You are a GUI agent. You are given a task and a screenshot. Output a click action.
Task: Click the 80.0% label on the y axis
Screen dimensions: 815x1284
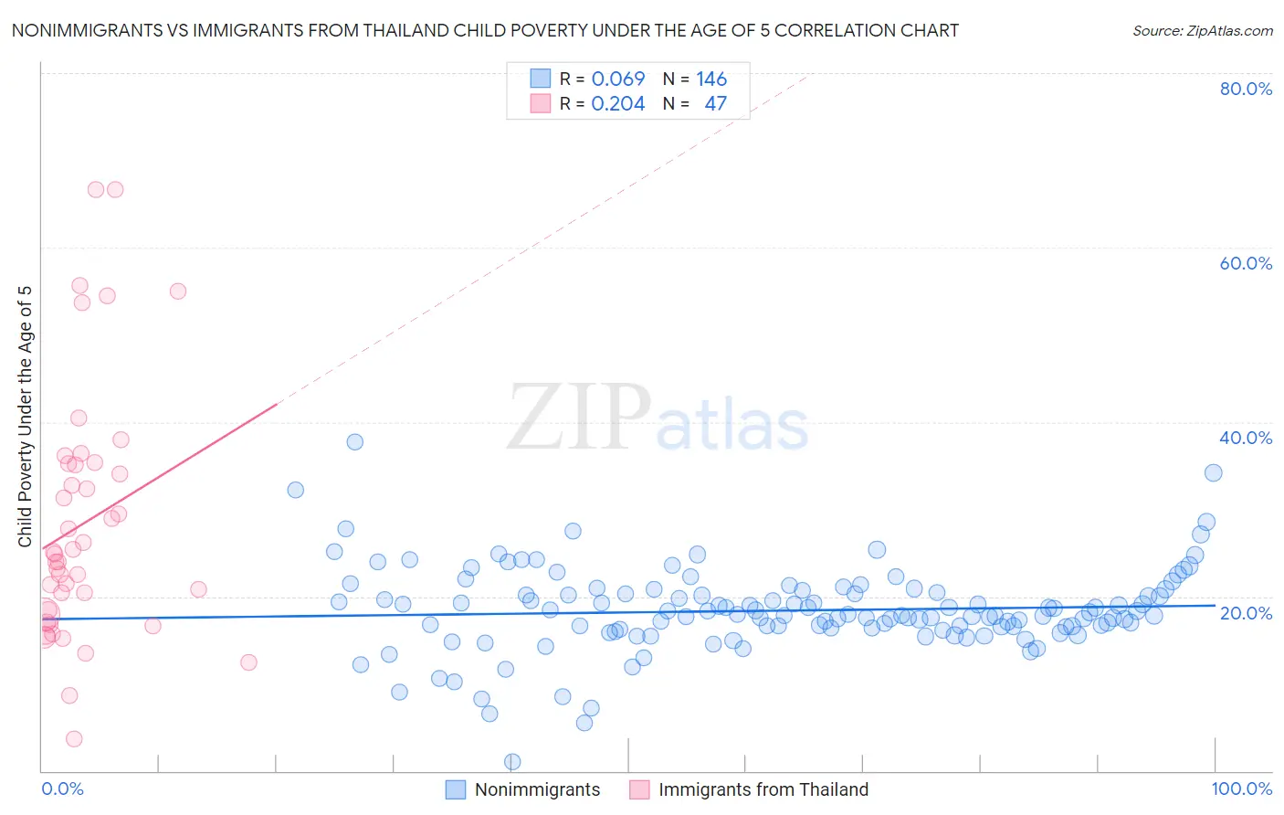point(1246,89)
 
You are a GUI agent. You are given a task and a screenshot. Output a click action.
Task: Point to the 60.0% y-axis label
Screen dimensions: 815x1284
point(1246,263)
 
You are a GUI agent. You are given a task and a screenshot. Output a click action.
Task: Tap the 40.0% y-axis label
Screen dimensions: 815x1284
point(1246,438)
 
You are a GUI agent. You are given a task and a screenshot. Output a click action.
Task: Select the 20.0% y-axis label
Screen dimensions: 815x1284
point(1246,612)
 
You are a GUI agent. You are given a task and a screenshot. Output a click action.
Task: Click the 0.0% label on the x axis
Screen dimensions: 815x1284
point(62,789)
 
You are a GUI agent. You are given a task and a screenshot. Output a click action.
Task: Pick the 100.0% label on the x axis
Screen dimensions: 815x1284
point(1241,789)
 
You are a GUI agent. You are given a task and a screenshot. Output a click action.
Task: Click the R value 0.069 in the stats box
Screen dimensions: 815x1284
point(618,79)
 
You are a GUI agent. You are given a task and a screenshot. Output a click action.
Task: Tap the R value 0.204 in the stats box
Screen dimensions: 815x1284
point(618,103)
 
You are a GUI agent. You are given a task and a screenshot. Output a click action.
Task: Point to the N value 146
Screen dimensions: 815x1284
point(711,79)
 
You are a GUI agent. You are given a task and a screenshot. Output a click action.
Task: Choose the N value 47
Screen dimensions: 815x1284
point(715,103)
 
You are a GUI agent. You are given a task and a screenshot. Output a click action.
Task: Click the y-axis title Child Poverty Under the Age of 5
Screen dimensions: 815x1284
point(26,417)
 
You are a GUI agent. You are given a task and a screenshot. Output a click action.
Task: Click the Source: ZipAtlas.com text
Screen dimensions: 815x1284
point(1202,30)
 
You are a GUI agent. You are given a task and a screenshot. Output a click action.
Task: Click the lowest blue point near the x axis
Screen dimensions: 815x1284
point(512,761)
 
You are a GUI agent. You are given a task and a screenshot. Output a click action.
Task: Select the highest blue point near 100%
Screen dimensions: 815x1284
point(1213,472)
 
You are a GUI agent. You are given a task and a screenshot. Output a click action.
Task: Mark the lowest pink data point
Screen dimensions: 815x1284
point(74,738)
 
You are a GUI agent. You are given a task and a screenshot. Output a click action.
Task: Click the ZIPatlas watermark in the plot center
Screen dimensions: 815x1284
point(658,418)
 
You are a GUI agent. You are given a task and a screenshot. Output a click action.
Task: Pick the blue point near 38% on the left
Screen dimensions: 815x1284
point(355,441)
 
